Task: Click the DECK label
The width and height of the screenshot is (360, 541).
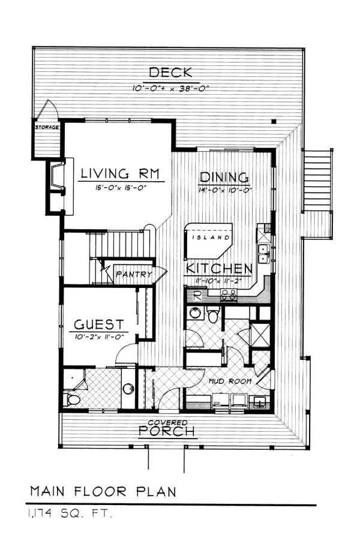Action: tap(170, 73)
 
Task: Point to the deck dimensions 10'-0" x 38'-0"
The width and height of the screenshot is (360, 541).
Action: tap(171, 88)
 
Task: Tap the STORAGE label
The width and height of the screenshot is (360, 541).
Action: tap(47, 127)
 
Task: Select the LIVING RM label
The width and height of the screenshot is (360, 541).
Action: tap(121, 173)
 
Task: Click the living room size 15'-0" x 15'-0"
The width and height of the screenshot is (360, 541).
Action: tap(121, 188)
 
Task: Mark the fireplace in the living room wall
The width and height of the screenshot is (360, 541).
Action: tap(57, 178)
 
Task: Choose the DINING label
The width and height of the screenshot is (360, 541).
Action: tap(224, 178)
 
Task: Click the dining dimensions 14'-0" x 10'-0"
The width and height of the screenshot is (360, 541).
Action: tap(225, 190)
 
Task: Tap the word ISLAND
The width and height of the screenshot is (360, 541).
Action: tap(211, 238)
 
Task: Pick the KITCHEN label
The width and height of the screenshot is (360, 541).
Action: tap(219, 269)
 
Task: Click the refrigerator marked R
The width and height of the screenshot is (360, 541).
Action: tap(197, 295)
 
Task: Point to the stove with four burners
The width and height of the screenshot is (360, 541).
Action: tap(229, 295)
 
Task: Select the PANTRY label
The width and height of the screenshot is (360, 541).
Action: tap(134, 274)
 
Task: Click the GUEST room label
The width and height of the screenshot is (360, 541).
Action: tap(99, 324)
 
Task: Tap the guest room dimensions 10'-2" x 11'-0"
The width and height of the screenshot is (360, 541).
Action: tap(99, 337)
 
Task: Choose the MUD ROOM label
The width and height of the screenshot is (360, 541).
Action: tap(230, 381)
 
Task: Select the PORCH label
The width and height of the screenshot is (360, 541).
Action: tap(167, 431)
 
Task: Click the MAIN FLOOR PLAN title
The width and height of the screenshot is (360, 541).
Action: tap(103, 491)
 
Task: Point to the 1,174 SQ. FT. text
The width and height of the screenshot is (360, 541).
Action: tap(70, 514)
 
